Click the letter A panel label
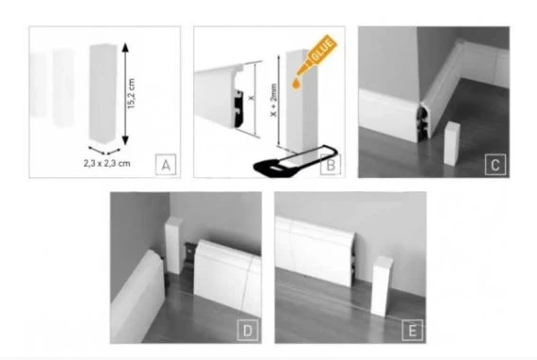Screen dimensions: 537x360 [x=166, y=165]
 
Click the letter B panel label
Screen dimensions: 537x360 [x=331, y=165]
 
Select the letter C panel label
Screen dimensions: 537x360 [x=495, y=165]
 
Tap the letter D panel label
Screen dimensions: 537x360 [x=247, y=331]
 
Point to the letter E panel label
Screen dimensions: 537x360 [x=412, y=331]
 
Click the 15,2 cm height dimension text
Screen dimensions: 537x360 [x=131, y=94]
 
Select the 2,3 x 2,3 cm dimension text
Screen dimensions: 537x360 [x=107, y=163]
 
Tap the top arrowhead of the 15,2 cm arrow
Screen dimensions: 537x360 [x=125, y=47]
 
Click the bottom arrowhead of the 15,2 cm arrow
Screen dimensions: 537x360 [x=125, y=140]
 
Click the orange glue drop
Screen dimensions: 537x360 [x=296, y=84]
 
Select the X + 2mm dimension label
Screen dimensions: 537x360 [x=274, y=100]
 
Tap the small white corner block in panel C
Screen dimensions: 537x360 [x=452, y=144]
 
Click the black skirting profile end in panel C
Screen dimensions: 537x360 [x=423, y=124]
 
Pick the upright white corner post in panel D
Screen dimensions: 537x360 [x=174, y=245]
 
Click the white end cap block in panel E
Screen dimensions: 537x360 [x=382, y=286]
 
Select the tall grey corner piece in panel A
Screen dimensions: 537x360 [x=102, y=93]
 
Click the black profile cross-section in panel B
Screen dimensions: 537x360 [x=239, y=108]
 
